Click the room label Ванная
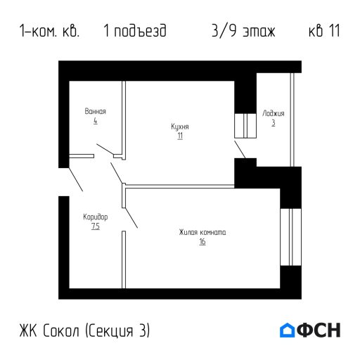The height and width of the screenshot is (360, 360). (95, 112)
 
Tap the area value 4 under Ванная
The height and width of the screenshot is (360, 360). (95, 121)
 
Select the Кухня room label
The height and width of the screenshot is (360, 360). (180, 127)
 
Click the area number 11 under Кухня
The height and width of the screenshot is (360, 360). (180, 136)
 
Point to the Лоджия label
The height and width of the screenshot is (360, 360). (274, 112)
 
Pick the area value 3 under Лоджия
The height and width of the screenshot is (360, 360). (274, 122)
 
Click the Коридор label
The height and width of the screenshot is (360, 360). (95, 217)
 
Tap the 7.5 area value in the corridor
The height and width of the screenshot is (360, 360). (95, 226)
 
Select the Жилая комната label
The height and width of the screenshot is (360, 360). (202, 233)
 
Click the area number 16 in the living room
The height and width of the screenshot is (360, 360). (202, 242)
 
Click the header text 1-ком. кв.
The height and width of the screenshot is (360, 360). (50, 32)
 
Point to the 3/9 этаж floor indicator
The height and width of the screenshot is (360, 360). (243, 32)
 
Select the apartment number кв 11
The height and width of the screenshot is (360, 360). (324, 32)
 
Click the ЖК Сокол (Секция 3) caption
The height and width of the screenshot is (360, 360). (85, 330)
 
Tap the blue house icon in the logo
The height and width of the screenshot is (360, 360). (287, 330)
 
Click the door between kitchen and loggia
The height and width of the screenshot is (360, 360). (240, 148)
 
